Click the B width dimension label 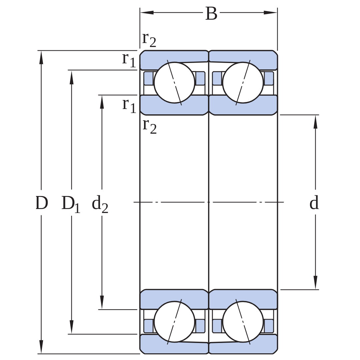coord(211,14)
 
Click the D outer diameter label coord(42,203)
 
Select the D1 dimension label coord(71,204)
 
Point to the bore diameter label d coord(314,203)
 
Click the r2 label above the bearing coord(149,39)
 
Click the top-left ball coord(174,83)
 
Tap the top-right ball coord(243,83)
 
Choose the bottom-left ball coord(174,322)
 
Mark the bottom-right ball coord(243,322)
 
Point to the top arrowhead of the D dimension coord(41,57)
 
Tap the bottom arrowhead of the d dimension coord(315,282)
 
